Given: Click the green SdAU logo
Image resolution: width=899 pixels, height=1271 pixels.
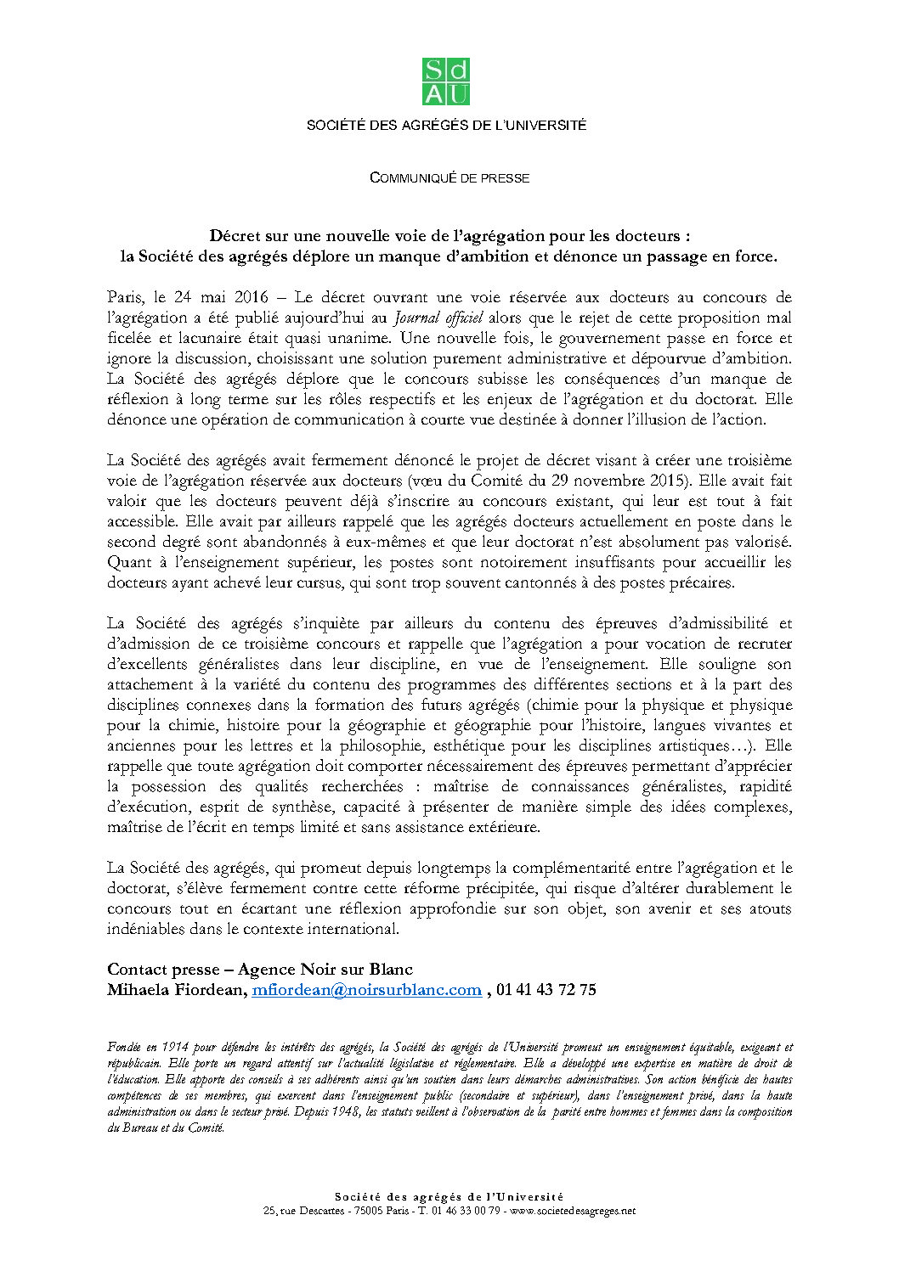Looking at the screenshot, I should coord(446,82).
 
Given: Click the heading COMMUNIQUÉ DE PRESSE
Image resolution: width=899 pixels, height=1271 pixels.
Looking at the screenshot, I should coord(449,178).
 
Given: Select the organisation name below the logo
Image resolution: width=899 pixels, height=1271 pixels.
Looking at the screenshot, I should coord(446,126).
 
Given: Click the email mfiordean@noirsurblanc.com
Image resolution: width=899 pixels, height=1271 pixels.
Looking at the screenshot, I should coord(366,990).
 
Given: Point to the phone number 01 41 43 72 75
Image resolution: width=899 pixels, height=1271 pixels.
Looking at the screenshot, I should coord(546,990).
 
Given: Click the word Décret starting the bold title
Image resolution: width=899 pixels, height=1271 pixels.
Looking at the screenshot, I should coord(240,236).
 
